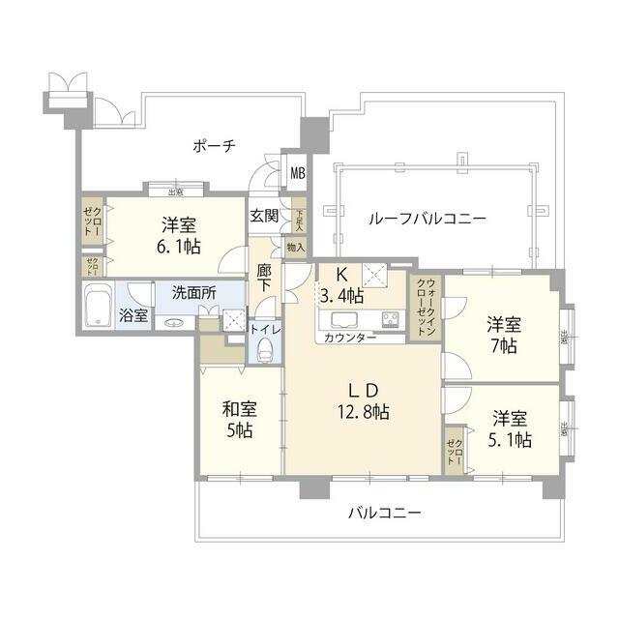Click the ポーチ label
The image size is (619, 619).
point(214,146)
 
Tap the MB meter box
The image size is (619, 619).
point(299,175)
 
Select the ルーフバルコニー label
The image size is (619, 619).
point(427,219)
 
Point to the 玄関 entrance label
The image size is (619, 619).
point(264,217)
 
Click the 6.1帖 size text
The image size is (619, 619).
point(180,247)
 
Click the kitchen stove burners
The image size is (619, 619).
point(392,319)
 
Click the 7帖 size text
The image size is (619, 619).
point(502,346)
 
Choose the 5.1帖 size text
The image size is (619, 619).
point(510,441)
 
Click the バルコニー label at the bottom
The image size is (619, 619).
point(384,513)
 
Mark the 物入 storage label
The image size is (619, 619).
point(296,248)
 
